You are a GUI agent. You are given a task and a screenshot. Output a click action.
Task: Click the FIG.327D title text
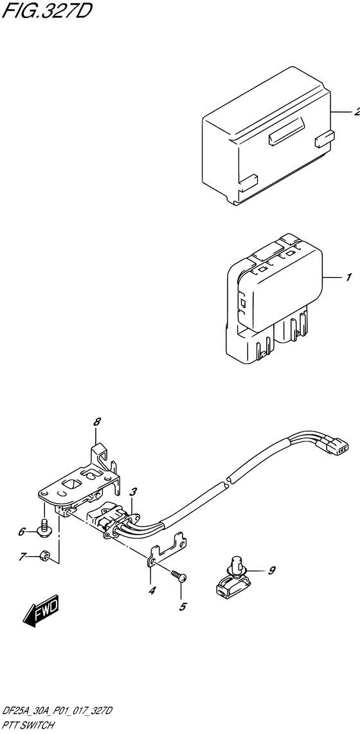pos(46,12)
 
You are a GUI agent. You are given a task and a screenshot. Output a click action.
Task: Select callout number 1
pos(348,278)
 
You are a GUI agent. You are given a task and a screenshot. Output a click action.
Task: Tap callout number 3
pos(132,493)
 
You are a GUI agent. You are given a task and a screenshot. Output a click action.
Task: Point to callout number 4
pos(152,591)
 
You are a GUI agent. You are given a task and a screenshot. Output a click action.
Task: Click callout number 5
pos(182,605)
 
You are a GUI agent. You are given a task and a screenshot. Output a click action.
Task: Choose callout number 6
pos(22,532)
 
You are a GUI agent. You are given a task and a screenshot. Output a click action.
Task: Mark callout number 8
pos(97,422)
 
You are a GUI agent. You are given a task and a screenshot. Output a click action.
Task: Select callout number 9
pos(271,570)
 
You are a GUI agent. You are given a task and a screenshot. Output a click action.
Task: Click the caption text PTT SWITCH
pos(27,726)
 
